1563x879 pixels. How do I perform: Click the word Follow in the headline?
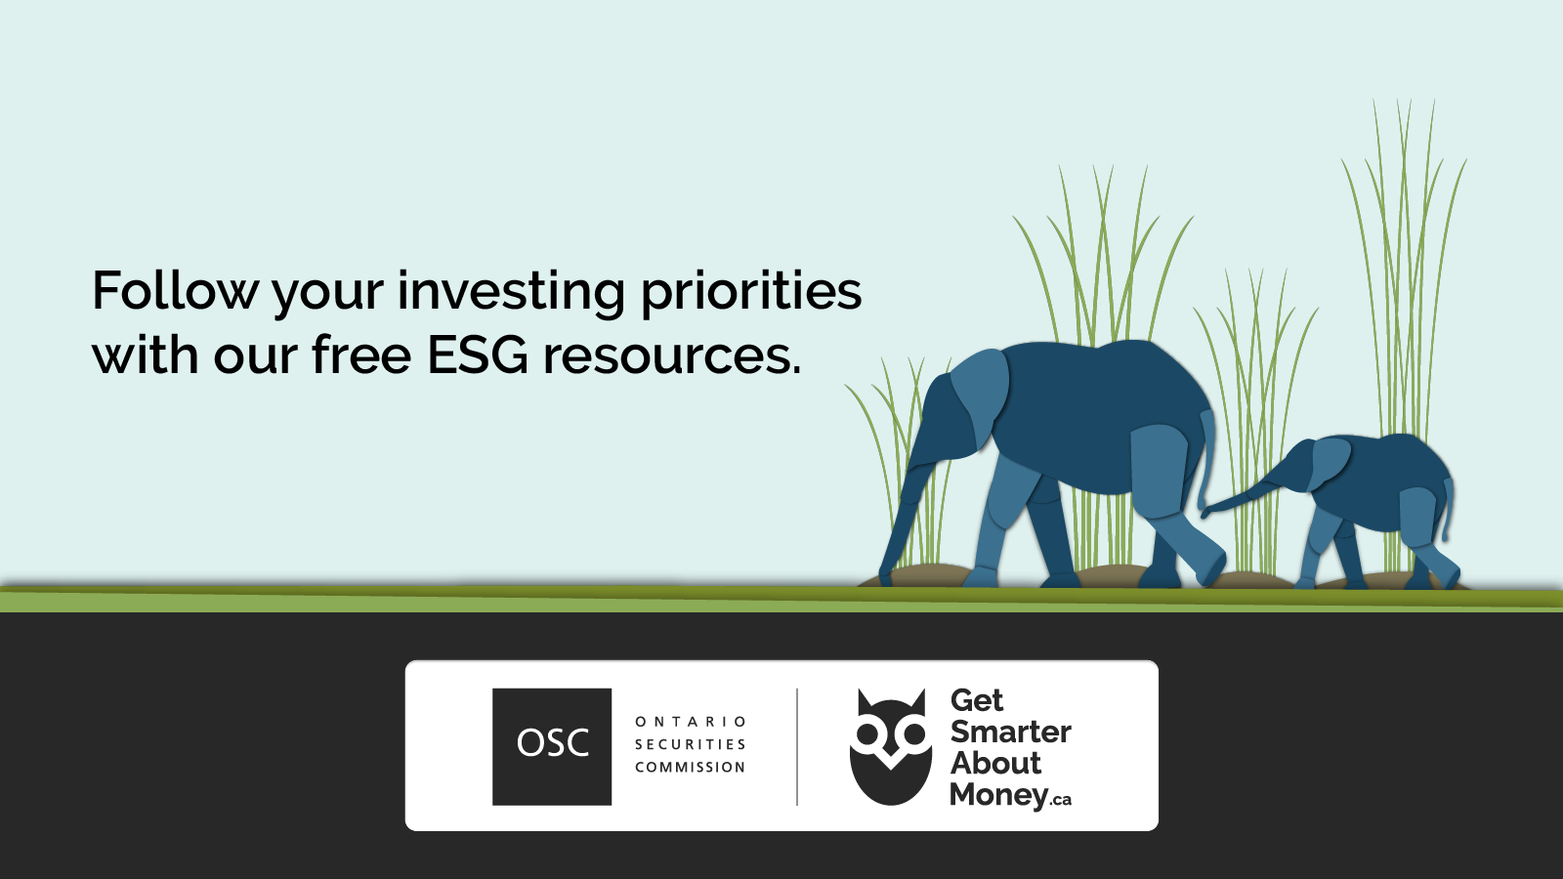(175, 291)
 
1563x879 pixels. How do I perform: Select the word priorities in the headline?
(750, 292)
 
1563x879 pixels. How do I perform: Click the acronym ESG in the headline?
(477, 356)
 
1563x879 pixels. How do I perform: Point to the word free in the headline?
(360, 356)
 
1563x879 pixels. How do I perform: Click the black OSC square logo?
(552, 746)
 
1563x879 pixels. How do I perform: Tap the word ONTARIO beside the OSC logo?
(691, 722)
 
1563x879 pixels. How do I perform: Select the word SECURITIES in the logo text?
(691, 744)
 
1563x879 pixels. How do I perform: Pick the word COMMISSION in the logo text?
(691, 768)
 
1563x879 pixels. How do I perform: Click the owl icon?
(890, 747)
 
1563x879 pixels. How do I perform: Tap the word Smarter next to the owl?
(1010, 732)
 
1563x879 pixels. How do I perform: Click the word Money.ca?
(1009, 795)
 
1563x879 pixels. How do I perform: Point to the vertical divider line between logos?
(797, 746)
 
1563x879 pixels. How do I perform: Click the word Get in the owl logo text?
(976, 700)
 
